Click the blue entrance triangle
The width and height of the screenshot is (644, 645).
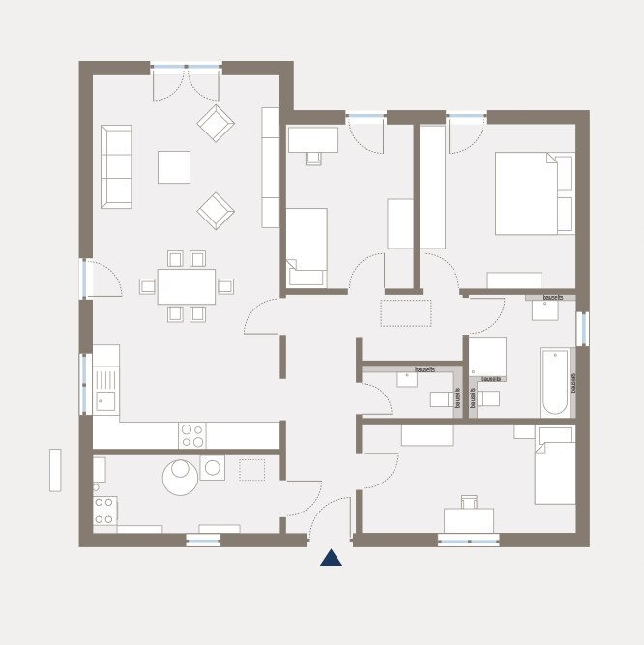point(332,557)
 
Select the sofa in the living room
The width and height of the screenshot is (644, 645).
point(116,166)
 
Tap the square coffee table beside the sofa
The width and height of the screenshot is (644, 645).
point(174,166)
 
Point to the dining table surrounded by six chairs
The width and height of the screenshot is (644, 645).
point(187,286)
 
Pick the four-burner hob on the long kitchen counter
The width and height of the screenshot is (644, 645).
point(192,434)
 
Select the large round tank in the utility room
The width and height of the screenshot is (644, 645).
point(180,477)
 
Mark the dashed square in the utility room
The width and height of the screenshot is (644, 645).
point(251,470)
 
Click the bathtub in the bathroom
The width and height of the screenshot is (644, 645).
point(556,382)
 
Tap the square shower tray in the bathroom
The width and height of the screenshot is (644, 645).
point(488,355)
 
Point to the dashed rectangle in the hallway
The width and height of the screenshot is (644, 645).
point(409,312)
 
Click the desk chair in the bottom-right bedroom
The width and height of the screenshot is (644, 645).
point(470,501)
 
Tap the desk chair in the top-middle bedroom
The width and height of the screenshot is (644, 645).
point(313,157)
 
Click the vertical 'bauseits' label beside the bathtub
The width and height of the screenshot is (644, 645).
point(572,384)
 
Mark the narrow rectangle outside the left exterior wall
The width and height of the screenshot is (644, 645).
point(55,469)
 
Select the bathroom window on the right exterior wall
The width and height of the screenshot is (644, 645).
point(582,328)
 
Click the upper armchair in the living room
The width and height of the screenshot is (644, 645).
point(216,123)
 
